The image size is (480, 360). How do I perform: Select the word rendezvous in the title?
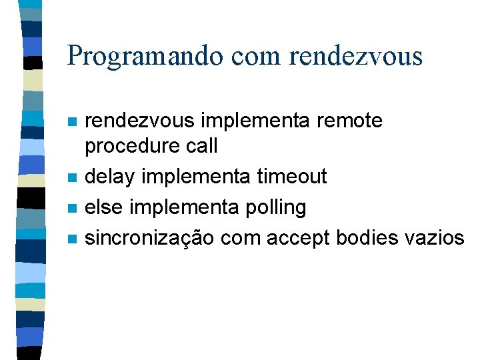pos(356,55)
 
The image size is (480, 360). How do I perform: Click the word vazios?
pos(439,238)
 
